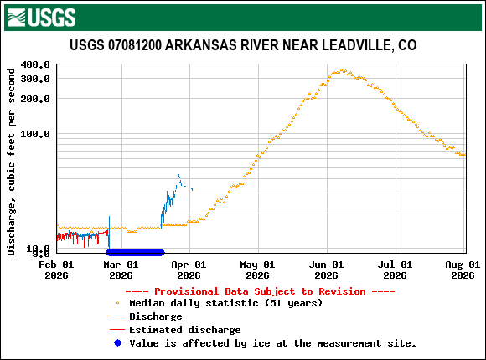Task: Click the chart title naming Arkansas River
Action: point(243,45)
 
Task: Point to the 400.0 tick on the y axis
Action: point(35,64)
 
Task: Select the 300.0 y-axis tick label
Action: point(35,79)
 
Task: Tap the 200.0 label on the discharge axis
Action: point(35,99)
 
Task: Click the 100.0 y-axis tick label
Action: point(35,134)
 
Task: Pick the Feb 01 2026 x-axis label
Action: point(56,269)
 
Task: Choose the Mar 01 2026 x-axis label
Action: point(121,269)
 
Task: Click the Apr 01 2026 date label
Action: point(189,269)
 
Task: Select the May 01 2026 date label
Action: point(257,269)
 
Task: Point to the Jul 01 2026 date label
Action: point(394,269)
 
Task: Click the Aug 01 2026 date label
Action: point(462,269)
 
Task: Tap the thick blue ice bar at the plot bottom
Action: point(135,252)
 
